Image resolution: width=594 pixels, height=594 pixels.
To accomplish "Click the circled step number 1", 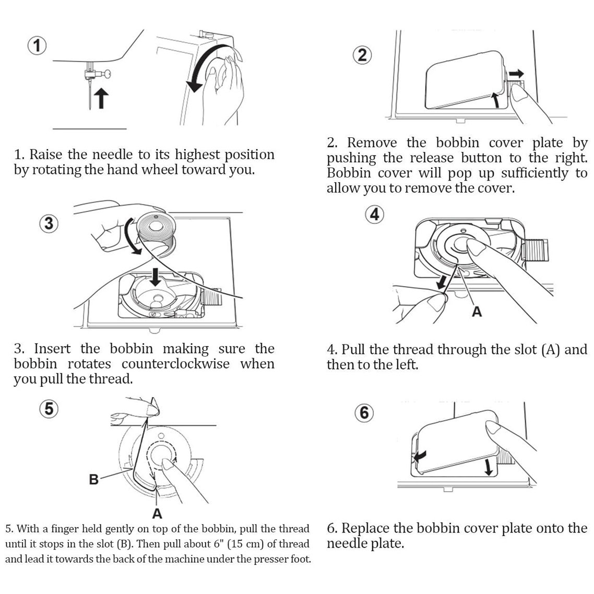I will tap(36, 46).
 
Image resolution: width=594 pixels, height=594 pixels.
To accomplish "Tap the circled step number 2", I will tap(362, 55).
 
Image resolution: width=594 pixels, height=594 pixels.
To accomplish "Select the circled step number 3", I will tap(49, 223).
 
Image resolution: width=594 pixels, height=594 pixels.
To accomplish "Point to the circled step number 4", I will tap(374, 215).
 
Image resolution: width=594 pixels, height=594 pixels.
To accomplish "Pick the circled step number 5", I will tap(49, 408).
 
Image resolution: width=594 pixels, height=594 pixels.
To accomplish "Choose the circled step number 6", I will tap(364, 413).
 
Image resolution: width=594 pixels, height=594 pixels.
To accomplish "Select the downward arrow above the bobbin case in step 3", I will tap(155, 275).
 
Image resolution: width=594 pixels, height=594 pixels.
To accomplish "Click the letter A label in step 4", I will tap(476, 312).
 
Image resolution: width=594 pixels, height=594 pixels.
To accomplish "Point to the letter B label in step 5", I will tap(94, 479).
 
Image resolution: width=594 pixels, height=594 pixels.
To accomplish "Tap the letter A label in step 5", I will tap(157, 514).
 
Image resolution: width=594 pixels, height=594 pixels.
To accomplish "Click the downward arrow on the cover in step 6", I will tap(489, 466).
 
